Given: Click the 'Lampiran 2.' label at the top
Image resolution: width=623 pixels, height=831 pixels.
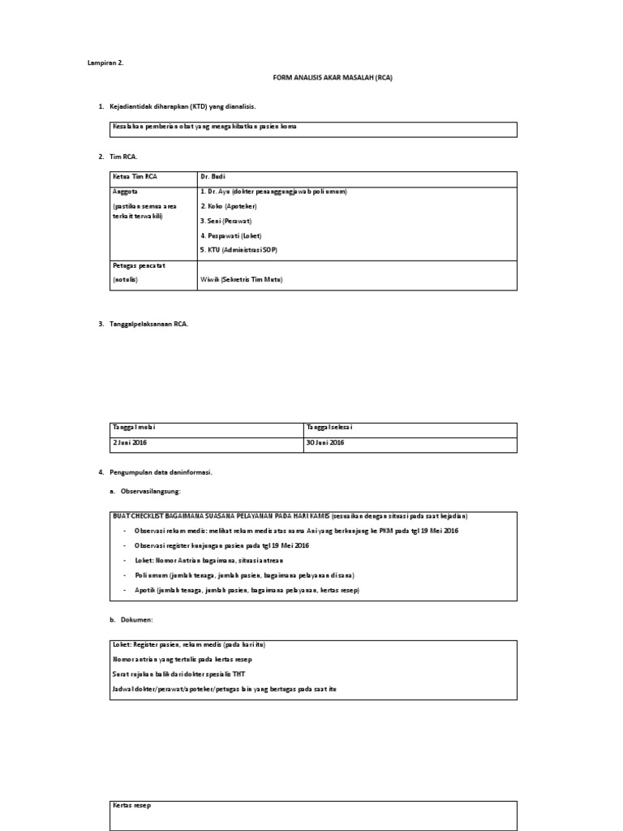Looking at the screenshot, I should point(105,62).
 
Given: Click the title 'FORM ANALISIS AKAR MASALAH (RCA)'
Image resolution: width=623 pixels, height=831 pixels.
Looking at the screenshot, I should point(334,77).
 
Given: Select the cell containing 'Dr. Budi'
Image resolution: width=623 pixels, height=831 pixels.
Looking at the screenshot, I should point(213,177).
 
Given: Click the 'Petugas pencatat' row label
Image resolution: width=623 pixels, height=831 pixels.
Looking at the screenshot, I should point(139,265).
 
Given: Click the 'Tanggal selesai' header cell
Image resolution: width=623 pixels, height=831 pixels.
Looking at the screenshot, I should point(329,428).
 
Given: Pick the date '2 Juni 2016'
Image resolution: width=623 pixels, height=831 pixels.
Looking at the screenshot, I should point(130,442).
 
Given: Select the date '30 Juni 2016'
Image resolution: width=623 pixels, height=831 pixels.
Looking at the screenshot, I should point(325,442).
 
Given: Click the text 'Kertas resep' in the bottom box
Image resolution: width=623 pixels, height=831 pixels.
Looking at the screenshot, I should point(131,806).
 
